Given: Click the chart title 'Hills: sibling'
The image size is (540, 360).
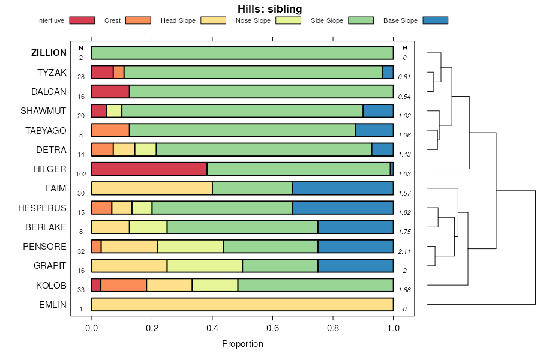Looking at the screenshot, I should pos(269,9).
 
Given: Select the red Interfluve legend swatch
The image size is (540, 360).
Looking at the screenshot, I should pos(82,20).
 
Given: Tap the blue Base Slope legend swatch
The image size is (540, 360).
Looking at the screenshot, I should pos(435,20).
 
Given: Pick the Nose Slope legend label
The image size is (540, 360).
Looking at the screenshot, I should pos(253,20).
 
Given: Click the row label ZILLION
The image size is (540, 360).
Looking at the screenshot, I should pos(49,53).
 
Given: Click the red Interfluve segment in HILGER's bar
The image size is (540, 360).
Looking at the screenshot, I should pos(149,169).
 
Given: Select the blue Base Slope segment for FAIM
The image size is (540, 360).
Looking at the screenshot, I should pos(343,188).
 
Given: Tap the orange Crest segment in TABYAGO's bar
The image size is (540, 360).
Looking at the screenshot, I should pos(110,130).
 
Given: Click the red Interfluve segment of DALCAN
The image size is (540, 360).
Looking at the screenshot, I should pos(110,92).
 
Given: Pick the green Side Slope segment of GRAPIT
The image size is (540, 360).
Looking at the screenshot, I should pos(280,266).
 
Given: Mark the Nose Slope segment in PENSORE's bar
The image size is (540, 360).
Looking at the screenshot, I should pos(191,246).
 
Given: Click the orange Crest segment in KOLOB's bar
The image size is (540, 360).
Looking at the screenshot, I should pos(124,285).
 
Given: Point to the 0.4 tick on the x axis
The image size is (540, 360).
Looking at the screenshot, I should pos(212,328).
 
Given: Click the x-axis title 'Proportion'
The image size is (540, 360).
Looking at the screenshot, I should pos(242,344).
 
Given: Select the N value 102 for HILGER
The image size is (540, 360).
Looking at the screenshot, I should pos(81,174).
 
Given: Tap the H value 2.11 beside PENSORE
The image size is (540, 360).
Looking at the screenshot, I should pos(404,251).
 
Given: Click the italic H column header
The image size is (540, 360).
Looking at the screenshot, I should pos(404,48).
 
